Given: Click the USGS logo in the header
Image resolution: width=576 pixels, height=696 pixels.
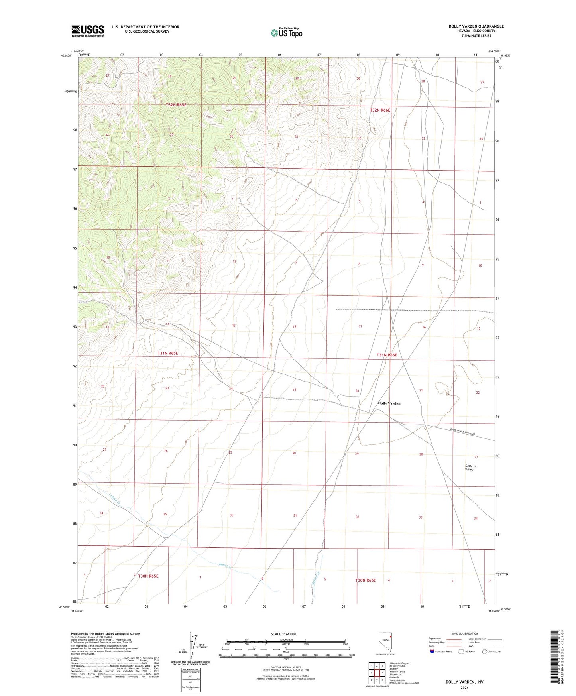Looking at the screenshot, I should [87, 31].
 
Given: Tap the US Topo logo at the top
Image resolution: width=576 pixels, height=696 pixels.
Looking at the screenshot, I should [286, 33].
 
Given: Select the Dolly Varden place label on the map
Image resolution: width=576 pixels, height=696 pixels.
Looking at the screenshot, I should [389, 403].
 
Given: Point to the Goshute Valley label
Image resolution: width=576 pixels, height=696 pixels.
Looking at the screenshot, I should [470, 468].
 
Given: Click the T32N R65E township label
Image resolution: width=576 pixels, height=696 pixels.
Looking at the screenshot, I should [176, 104].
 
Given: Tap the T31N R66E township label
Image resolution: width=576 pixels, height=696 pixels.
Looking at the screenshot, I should [387, 355].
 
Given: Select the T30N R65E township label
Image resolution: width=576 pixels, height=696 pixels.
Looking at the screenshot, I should [148, 576].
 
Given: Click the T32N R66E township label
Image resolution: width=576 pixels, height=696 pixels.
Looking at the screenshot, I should [379, 110].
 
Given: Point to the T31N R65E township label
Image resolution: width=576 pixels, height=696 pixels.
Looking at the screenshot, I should [167, 353].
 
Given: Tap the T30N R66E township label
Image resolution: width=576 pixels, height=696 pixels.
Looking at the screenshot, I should [366, 580].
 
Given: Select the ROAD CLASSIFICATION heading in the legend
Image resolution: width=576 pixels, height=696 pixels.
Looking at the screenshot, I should [464, 633].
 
